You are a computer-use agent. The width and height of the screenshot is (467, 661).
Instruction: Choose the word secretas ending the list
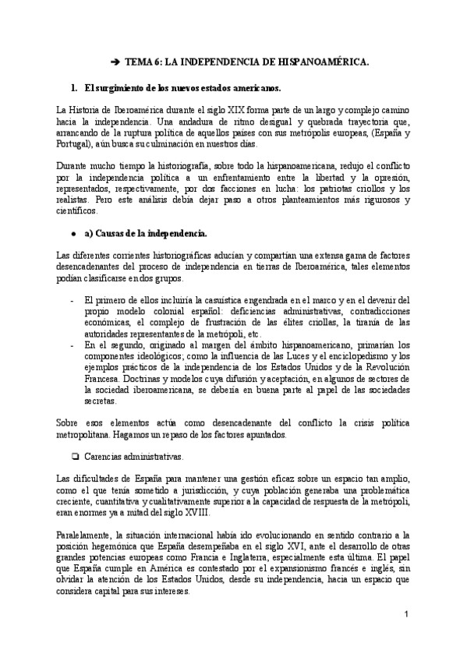[100, 401]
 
